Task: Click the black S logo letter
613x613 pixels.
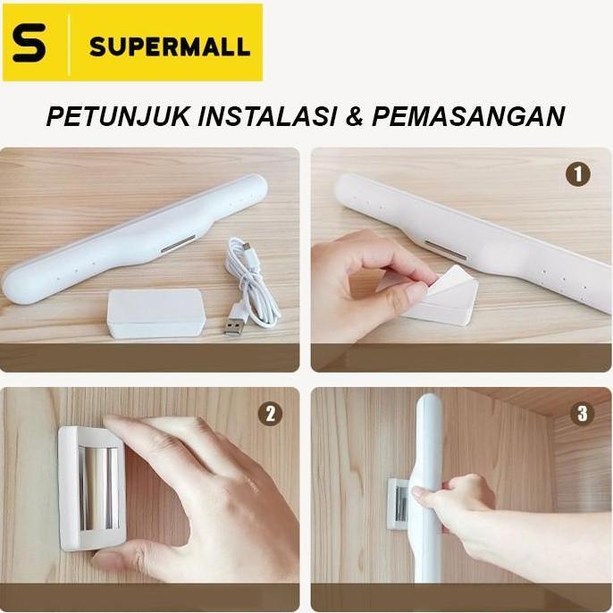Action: click(29, 44)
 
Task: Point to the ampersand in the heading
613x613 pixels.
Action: click(357, 117)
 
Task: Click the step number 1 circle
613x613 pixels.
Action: click(577, 174)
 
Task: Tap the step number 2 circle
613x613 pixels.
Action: click(269, 414)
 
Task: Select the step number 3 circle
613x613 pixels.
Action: click(583, 414)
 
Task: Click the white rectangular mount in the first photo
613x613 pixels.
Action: click(155, 312)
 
